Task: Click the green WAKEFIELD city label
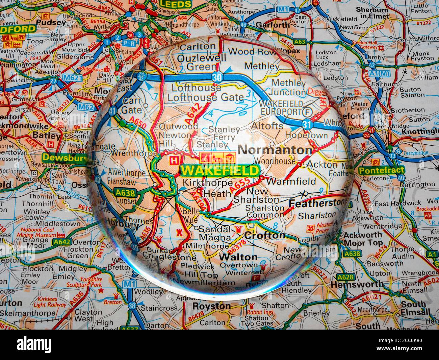(x=220, y=170)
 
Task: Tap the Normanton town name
(x=275, y=150)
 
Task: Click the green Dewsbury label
(x=58, y=158)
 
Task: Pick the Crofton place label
(x=264, y=235)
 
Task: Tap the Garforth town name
(x=273, y=25)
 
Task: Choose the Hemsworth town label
(x=357, y=285)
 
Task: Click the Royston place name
(x=212, y=306)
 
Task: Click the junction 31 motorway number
(x=307, y=124)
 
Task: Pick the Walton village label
(x=238, y=257)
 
